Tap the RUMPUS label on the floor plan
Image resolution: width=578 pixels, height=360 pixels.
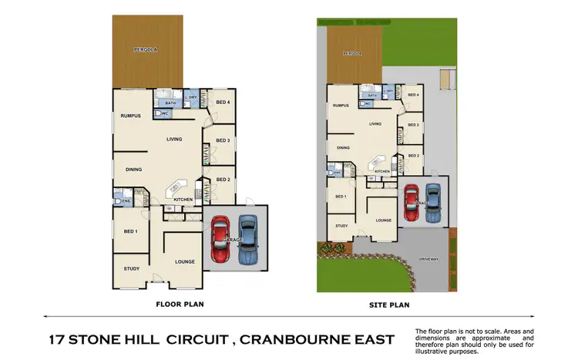[129, 116]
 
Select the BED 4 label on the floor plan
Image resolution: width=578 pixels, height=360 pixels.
[223, 103]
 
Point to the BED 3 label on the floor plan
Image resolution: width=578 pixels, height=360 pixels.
[223, 140]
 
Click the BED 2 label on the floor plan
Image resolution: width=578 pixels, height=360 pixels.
[223, 180]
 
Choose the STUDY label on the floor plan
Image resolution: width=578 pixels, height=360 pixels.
[132, 268]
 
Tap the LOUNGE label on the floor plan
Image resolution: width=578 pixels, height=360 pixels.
[183, 262]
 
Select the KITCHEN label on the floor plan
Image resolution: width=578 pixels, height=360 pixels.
[183, 200]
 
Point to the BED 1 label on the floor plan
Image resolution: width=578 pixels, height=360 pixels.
[130, 231]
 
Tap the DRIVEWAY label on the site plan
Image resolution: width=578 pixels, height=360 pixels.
[429, 259]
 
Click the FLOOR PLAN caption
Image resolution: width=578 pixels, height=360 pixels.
[179, 304]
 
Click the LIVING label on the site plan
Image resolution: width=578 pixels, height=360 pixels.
[376, 123]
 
